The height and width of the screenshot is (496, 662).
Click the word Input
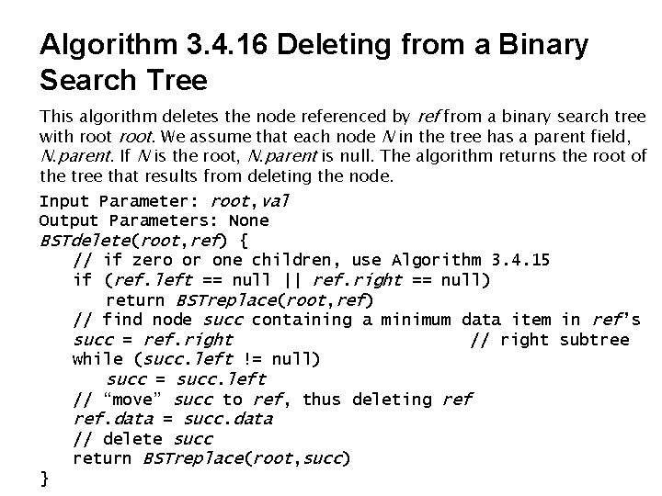pos(63,200)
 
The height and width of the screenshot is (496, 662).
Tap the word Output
pos(68,220)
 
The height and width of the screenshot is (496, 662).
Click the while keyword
pos(97,360)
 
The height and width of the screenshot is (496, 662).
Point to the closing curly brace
pos(44,479)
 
